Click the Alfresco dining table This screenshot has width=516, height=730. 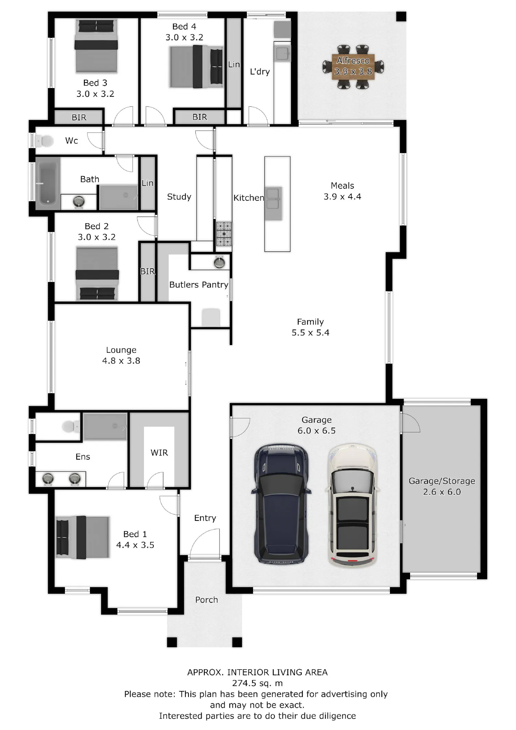pyautogui.click(x=353, y=67)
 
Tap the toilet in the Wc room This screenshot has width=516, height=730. pyautogui.click(x=44, y=140)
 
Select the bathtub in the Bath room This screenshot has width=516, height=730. pyautogui.click(x=47, y=183)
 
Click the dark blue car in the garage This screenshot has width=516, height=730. pyautogui.click(x=281, y=504)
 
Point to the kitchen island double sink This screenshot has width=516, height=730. pyautogui.click(x=274, y=203)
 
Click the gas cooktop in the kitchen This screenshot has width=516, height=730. pyautogui.click(x=224, y=234)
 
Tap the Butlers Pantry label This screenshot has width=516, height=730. pyautogui.click(x=199, y=285)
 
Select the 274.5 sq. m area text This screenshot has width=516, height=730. pyautogui.click(x=257, y=683)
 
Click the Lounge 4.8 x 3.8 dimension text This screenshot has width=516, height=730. pyautogui.click(x=121, y=361)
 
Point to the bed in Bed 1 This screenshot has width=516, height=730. pyautogui.click(x=83, y=537)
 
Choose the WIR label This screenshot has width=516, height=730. pyautogui.click(x=159, y=453)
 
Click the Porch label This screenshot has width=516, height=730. pyautogui.click(x=206, y=600)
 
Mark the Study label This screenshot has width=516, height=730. pyautogui.click(x=179, y=197)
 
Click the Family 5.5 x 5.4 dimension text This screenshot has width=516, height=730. pyautogui.click(x=311, y=333)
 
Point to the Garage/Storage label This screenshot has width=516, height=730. pyautogui.click(x=442, y=481)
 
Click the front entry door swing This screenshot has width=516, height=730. pyautogui.click(x=205, y=542)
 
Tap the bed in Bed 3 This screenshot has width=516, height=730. pyautogui.click(x=96, y=46)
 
